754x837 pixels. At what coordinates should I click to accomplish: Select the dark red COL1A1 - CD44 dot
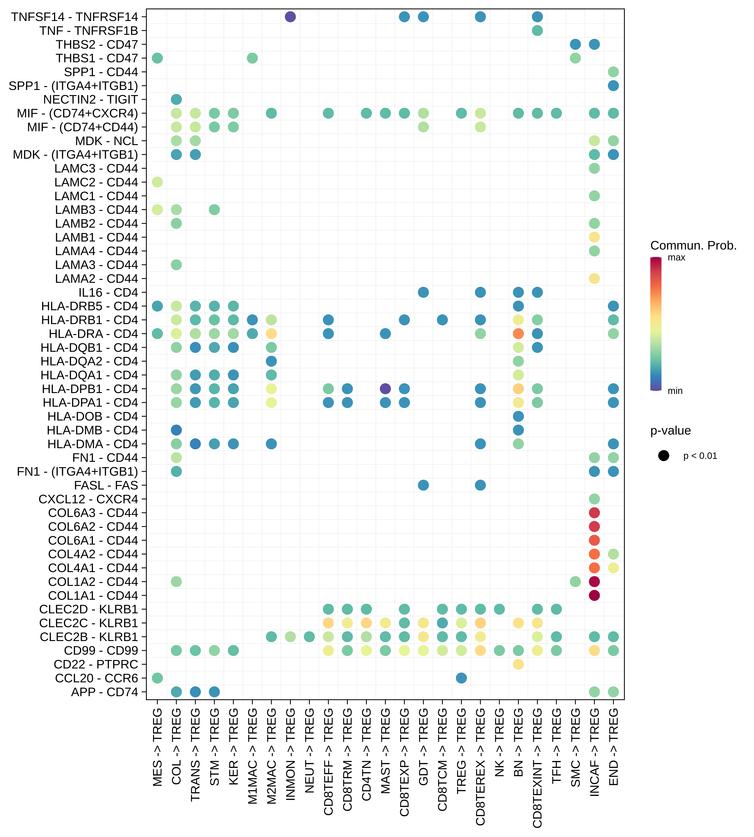(594, 595)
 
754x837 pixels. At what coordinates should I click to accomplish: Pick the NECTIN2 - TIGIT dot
(176, 99)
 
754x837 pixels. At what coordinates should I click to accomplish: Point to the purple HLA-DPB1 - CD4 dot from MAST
(385, 389)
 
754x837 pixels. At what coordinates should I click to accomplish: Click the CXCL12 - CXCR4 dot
(594, 499)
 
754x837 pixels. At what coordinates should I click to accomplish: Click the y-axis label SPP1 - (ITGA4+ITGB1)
(73, 86)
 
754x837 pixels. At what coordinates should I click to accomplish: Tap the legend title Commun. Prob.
(693, 246)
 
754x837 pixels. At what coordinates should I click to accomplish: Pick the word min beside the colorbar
(675, 391)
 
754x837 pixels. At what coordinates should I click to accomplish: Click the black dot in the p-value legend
(663, 456)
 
